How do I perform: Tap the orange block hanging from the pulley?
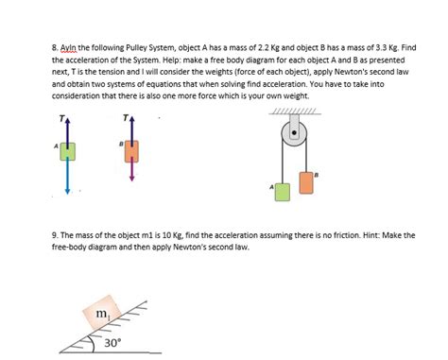coord(306,180)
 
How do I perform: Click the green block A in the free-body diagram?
coord(68,151)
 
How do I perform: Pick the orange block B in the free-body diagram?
coord(131,150)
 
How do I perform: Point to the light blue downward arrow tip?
coord(68,191)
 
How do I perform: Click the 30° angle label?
coord(112,343)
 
